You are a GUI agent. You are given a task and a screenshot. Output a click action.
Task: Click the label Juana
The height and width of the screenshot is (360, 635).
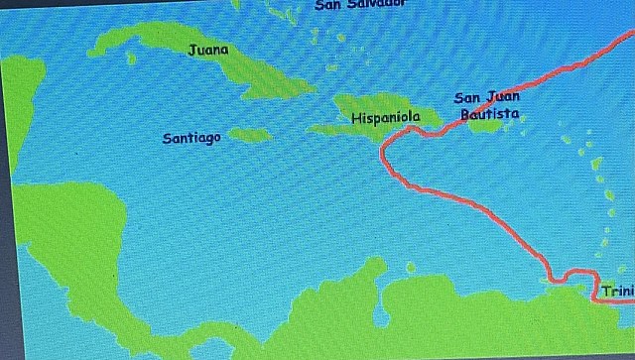[207, 49]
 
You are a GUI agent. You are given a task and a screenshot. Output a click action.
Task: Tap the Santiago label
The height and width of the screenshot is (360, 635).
[191, 138]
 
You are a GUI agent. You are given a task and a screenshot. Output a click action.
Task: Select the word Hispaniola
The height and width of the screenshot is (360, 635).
[386, 117]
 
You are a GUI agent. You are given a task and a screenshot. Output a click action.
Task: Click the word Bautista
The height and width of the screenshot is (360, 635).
[489, 115]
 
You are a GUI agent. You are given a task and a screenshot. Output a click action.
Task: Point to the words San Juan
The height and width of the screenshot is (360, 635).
[486, 97]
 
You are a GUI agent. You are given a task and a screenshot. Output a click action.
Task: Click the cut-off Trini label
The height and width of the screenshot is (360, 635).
[616, 291]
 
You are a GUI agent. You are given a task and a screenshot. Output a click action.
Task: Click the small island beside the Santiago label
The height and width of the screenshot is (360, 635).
[249, 134]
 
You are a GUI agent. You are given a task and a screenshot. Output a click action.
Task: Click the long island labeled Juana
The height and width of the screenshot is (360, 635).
[248, 69]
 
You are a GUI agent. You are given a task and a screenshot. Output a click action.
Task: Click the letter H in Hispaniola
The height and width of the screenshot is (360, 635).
[356, 117]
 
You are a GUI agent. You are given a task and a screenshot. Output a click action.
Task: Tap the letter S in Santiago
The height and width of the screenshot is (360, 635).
[167, 138]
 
